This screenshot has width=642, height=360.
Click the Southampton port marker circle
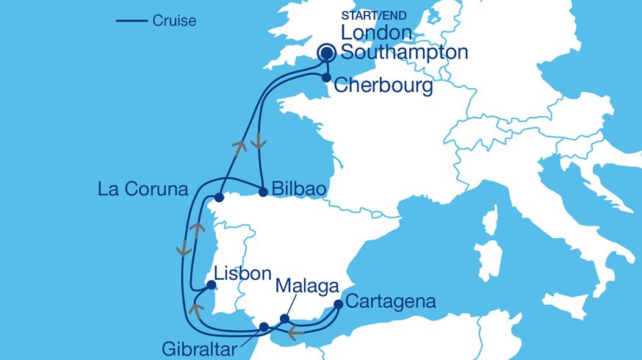click(x=327, y=53)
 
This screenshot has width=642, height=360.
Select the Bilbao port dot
click(x=263, y=192)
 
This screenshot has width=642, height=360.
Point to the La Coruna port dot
click(x=219, y=197)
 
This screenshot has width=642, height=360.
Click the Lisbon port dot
click(x=211, y=287)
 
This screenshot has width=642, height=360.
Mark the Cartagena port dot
click(x=338, y=303)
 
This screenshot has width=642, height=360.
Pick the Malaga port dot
click(x=286, y=318)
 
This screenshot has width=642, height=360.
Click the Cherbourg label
click(x=382, y=85)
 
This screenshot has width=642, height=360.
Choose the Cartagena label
click(x=390, y=301)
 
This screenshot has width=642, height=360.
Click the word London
click(x=377, y=34)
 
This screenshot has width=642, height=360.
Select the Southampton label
click(x=404, y=53)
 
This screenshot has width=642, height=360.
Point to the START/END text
click(x=374, y=15)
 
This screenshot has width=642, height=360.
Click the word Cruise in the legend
click(x=174, y=21)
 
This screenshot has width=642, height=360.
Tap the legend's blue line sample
click(x=132, y=21)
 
